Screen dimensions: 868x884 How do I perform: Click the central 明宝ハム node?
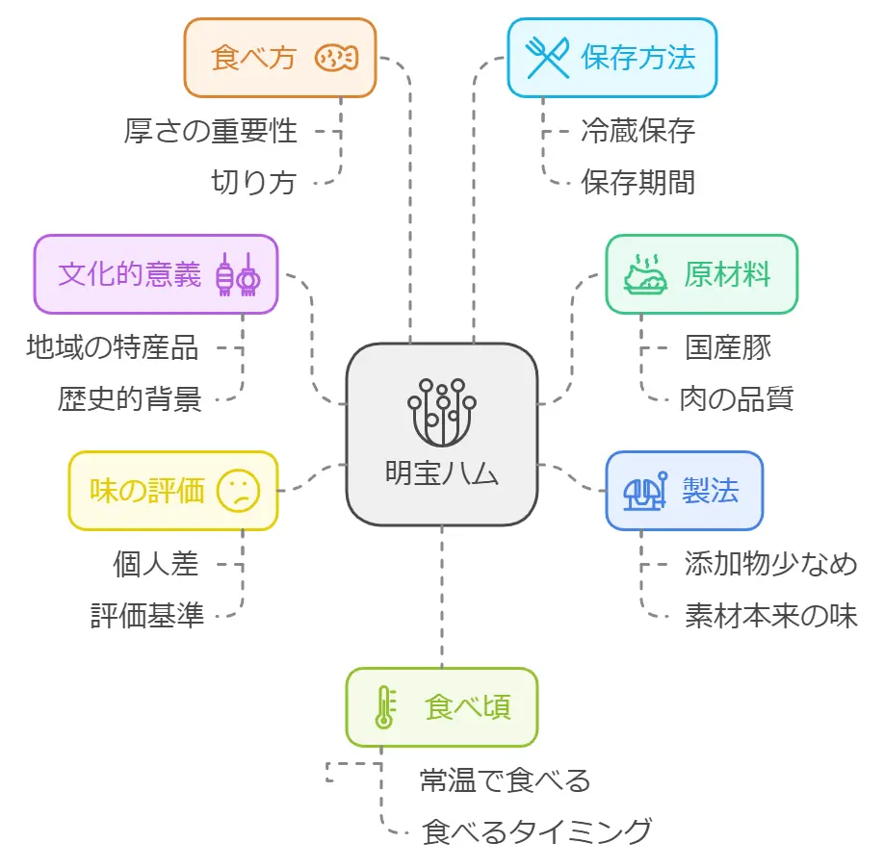coord(441,434)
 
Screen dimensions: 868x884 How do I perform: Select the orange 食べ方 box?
coord(279,58)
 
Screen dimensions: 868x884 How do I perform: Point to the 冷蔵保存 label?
coord(637,131)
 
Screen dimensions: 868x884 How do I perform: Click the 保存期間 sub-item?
coord(637,182)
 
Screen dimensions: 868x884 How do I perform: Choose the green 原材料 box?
coord(701,274)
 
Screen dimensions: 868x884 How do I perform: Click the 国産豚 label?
coord(728,346)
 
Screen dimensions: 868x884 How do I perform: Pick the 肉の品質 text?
coord(736,397)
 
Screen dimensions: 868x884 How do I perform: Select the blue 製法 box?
coord(684,491)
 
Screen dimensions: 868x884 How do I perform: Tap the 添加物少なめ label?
coord(769,564)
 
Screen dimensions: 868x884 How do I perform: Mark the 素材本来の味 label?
coord(770,615)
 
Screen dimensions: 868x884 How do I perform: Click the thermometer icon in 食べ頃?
coord(383,707)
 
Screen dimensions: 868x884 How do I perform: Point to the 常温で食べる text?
coord(505,779)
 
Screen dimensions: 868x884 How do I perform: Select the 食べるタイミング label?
coord(537,830)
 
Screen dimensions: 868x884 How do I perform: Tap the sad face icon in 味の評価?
coord(237,491)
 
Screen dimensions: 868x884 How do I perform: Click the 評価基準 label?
coord(147,615)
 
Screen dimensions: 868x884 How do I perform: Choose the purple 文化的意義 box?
coord(156,274)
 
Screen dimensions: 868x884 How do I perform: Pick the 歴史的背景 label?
coord(130,398)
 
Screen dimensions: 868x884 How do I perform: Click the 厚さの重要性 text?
coord(211,131)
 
